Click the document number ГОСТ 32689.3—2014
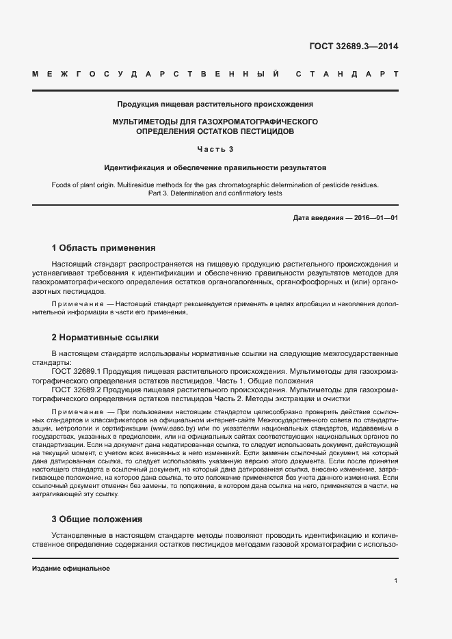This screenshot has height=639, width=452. point(354,46)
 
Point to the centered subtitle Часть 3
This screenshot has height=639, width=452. point(215,149)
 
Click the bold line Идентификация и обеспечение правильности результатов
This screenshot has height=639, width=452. point(215,167)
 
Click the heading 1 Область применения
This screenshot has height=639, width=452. point(104,247)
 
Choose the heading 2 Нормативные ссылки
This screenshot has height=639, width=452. point(105,337)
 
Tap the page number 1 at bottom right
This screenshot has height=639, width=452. point(395,581)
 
